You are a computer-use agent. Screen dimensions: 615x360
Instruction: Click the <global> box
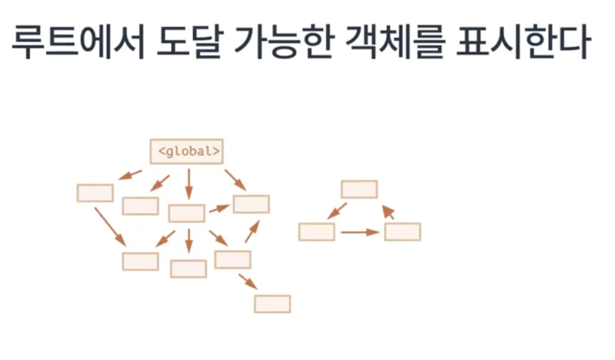187,151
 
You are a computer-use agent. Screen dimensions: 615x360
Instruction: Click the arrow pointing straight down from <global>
189,183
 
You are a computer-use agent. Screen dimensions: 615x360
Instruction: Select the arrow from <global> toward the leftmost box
130,175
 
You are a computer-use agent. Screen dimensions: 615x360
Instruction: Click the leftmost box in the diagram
95,193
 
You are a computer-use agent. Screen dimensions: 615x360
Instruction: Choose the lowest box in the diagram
272,303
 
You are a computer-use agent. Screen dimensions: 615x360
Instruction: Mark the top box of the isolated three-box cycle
359,189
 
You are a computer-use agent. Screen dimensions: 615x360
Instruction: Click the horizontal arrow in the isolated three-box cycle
359,232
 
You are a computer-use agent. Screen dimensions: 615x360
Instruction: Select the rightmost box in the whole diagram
403,232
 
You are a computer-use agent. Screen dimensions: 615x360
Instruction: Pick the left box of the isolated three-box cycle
317,232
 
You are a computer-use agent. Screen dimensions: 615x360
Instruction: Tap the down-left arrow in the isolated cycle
337,211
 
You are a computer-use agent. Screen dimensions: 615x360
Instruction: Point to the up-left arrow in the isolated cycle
389,211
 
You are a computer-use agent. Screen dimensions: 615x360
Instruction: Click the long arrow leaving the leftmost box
110,226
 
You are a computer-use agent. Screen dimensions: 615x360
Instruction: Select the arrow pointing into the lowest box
247,280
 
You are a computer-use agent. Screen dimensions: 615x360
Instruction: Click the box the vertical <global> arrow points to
187,213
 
